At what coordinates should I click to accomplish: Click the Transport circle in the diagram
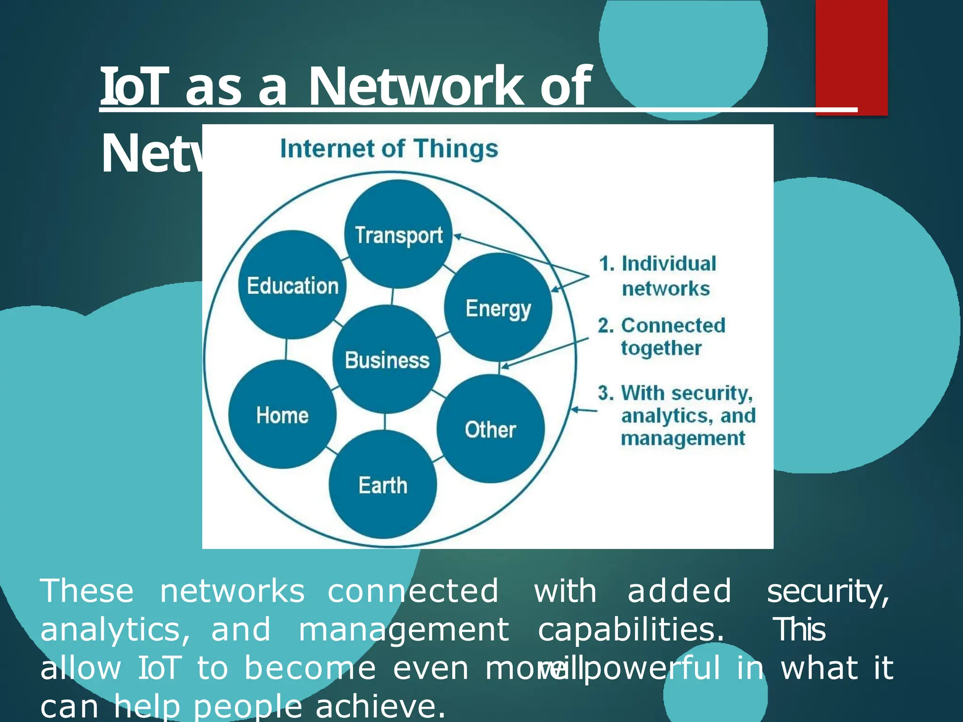[x=398, y=234]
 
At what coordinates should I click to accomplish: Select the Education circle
[x=292, y=285]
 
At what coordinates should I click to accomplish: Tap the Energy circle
[x=498, y=307]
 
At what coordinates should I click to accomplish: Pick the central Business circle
[x=387, y=360]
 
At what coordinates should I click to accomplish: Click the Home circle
[x=282, y=415]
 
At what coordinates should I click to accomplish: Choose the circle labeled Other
[x=490, y=429]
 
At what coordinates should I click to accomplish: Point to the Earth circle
[x=383, y=485]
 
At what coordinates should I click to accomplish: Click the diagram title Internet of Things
[x=389, y=149]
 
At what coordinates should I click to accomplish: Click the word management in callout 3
[x=683, y=438]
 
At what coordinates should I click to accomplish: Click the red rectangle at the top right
[x=851, y=56]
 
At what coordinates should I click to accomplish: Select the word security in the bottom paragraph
[x=828, y=591]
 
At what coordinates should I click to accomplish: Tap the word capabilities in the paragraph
[x=630, y=629]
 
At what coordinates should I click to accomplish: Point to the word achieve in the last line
[x=380, y=706]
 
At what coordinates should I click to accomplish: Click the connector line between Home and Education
[x=286, y=349]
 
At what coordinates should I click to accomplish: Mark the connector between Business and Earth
[x=385, y=422]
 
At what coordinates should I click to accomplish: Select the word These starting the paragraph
[x=87, y=591]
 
